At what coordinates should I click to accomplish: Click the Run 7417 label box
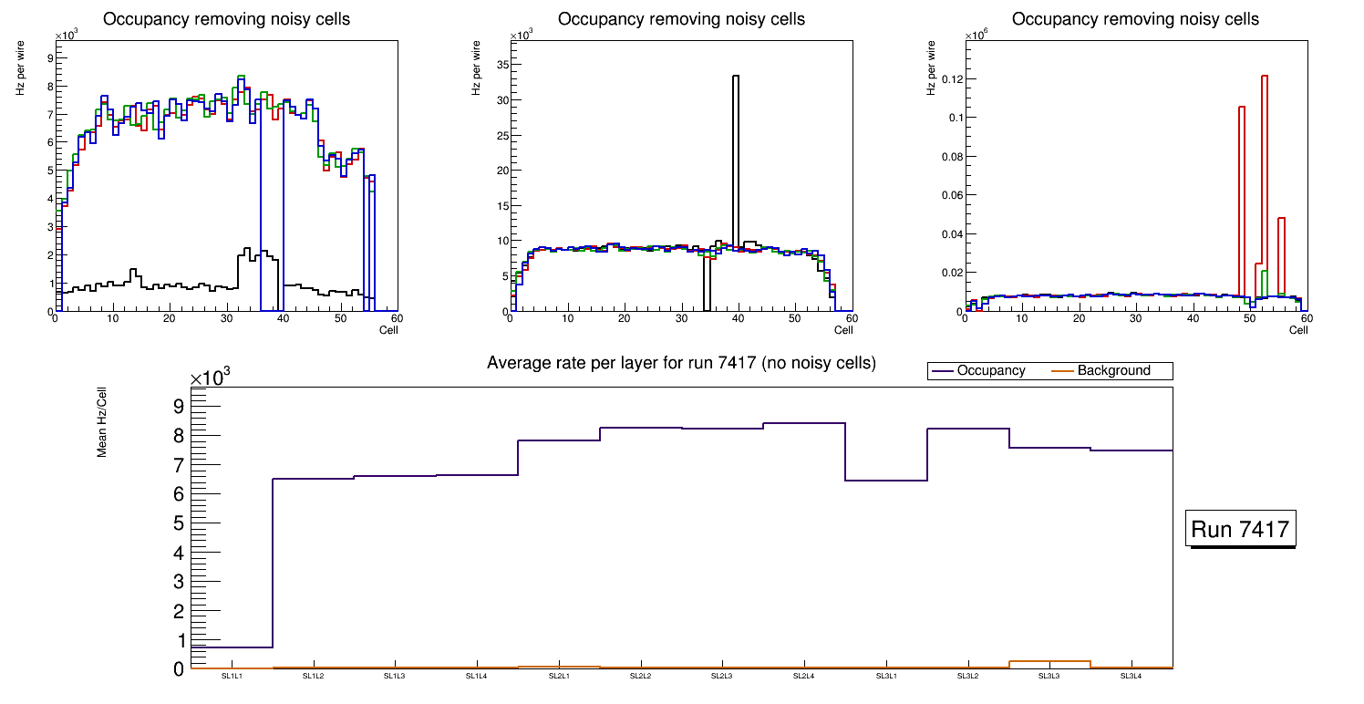[1242, 530]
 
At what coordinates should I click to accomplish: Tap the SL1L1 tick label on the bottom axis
[232, 676]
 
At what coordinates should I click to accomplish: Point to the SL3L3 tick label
[1049, 676]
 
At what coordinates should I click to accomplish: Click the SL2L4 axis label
[803, 676]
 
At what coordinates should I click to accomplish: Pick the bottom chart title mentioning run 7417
[681, 363]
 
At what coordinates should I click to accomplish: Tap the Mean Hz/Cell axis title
[102, 420]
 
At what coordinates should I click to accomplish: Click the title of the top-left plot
[226, 19]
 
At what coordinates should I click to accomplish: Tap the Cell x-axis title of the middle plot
[843, 329]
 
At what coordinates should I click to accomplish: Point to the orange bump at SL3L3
[1049, 661]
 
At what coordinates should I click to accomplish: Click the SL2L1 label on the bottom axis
[559, 676]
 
